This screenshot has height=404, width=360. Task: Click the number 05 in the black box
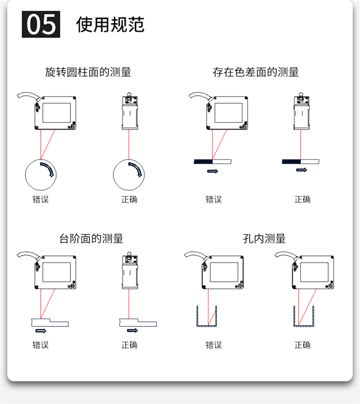(x=41, y=24)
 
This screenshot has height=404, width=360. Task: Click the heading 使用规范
(x=110, y=24)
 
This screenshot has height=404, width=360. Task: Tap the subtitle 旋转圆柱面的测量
(x=88, y=72)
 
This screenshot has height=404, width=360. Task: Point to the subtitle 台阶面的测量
(x=91, y=238)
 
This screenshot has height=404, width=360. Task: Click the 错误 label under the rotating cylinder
(x=40, y=199)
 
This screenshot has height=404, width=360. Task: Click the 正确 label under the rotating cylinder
(x=129, y=199)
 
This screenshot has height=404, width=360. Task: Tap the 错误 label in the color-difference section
(x=213, y=199)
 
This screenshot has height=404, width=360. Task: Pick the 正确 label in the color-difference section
(x=302, y=199)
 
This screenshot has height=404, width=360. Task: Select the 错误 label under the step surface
(x=40, y=345)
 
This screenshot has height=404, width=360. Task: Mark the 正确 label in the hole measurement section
(x=302, y=345)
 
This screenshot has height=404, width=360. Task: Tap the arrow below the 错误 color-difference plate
(x=212, y=171)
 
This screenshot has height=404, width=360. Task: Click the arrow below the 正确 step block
(x=132, y=331)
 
